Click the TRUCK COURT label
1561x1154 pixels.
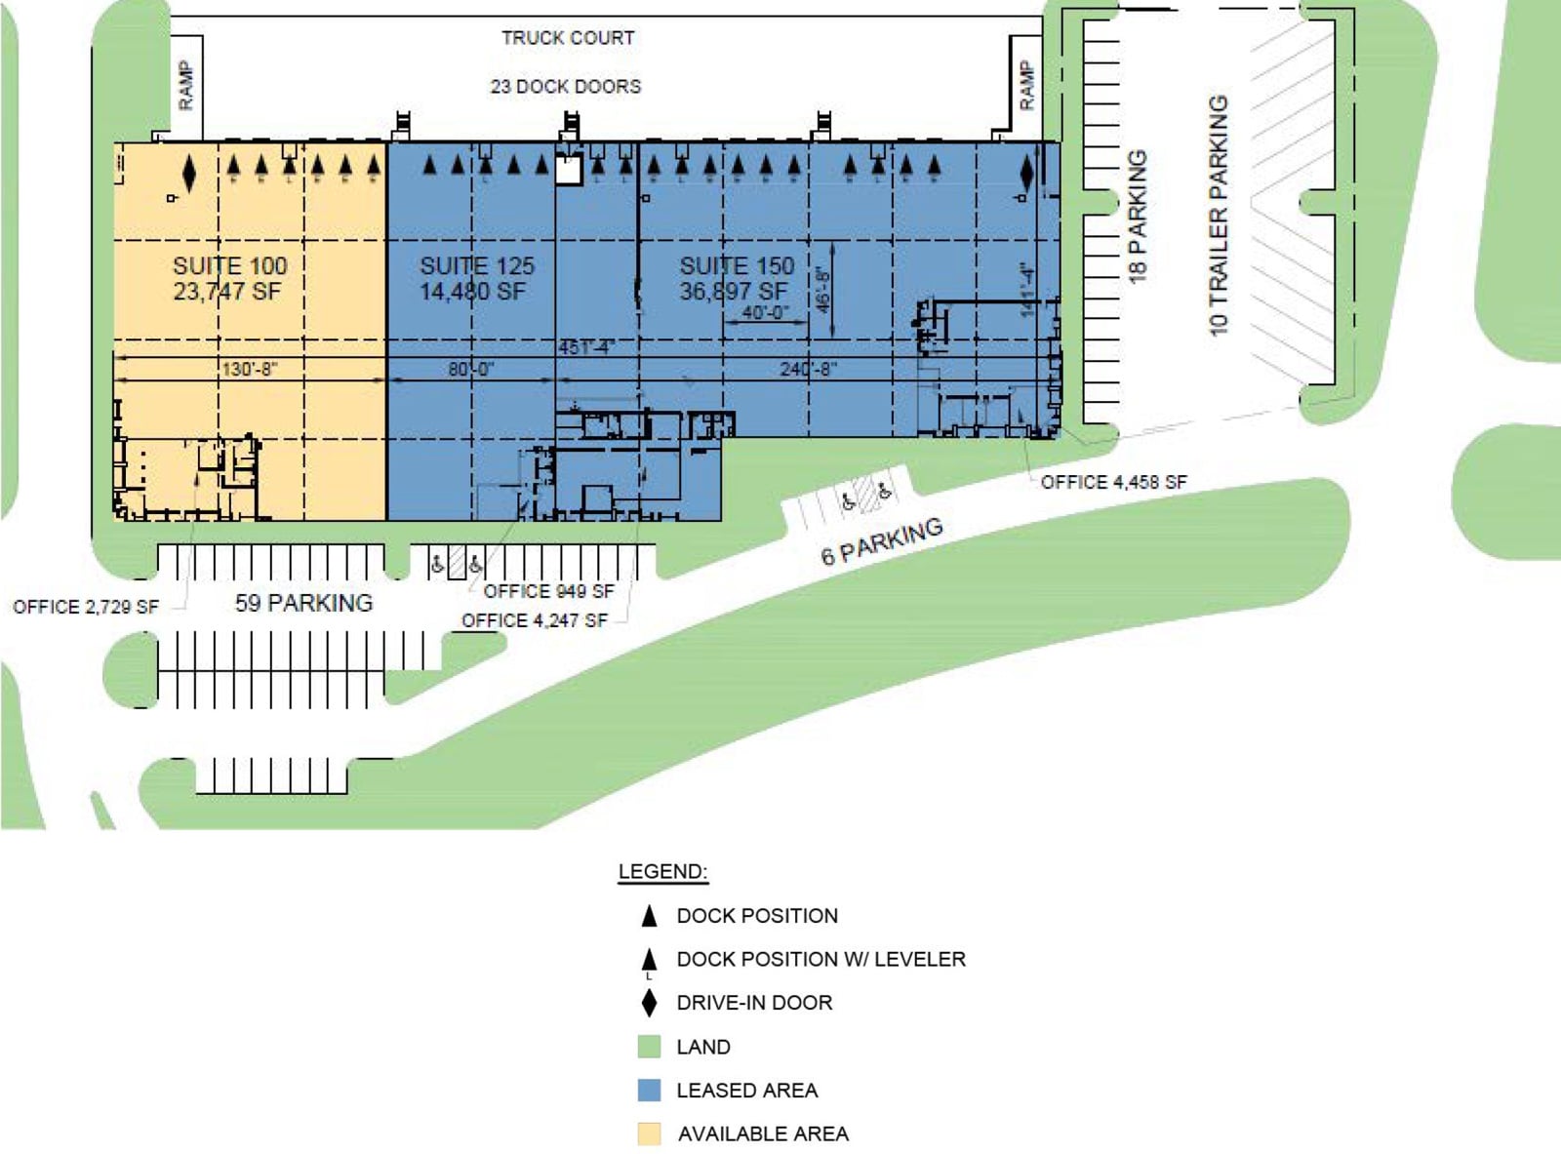(x=568, y=38)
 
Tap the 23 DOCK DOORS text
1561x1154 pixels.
(x=566, y=86)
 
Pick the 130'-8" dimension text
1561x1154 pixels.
(x=250, y=369)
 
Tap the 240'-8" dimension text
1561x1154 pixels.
(x=808, y=369)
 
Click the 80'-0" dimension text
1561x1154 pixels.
(x=471, y=369)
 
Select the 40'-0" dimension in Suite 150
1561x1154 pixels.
(x=765, y=313)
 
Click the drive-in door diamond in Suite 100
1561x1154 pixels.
(x=189, y=174)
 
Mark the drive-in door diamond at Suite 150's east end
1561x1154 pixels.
(x=1026, y=174)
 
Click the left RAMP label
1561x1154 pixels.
(x=185, y=85)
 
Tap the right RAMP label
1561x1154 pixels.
(x=1025, y=85)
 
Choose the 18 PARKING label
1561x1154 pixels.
(x=1138, y=217)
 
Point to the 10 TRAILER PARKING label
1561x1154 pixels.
(x=1219, y=216)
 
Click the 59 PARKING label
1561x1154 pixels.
(x=303, y=603)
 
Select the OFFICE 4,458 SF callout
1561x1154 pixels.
(x=1113, y=482)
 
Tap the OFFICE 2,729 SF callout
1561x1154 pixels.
(x=86, y=607)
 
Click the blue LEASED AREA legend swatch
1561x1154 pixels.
(x=649, y=1090)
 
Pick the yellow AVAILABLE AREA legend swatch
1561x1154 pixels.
(x=649, y=1134)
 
